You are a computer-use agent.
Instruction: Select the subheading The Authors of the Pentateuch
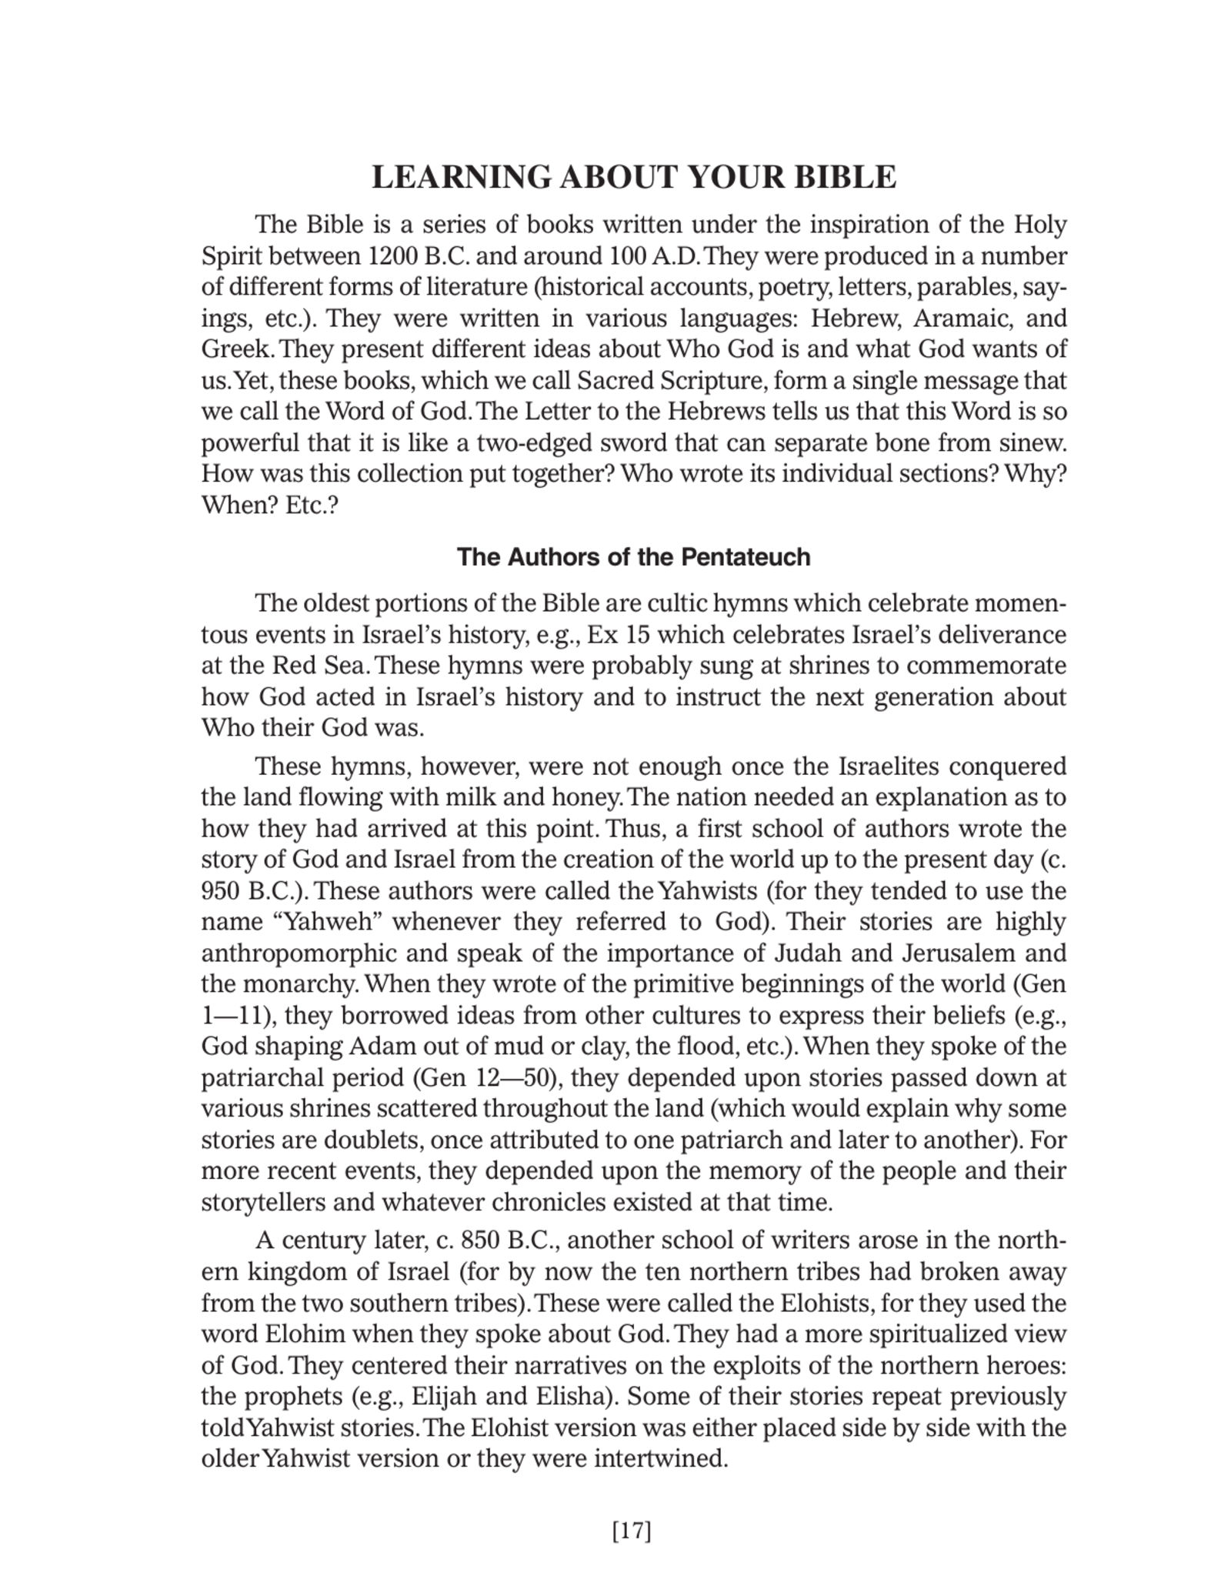click(x=633, y=557)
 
